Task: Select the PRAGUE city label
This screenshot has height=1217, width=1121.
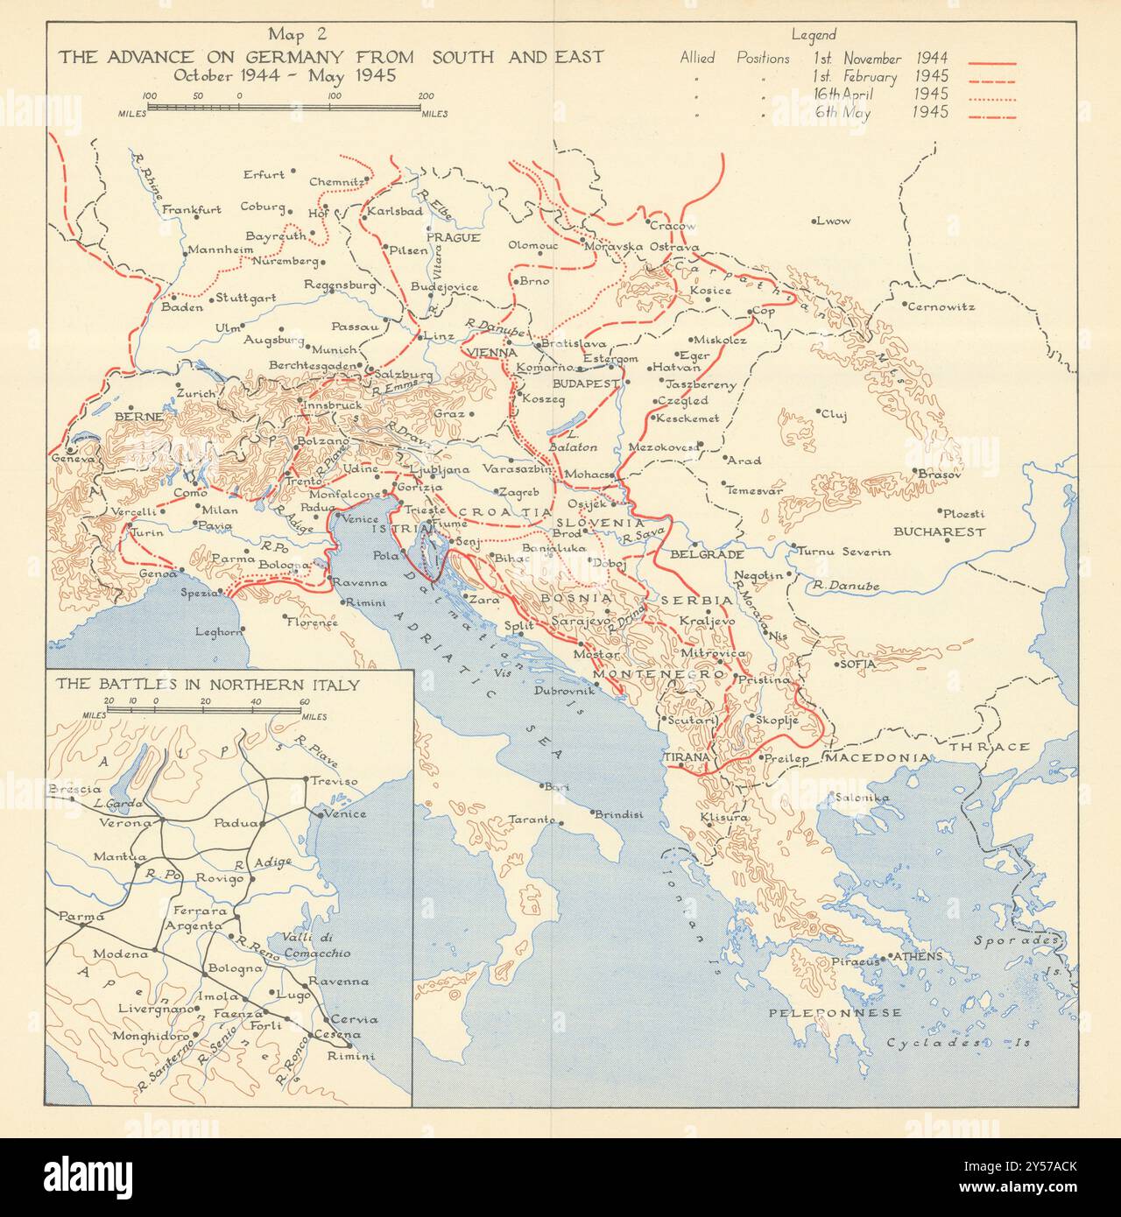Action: [453, 237]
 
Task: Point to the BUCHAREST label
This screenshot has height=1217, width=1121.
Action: [939, 531]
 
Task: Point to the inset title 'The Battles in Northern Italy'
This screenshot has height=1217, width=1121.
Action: [206, 685]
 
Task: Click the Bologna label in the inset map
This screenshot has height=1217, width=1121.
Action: [233, 968]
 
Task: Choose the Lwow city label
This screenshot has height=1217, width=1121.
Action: [832, 221]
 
